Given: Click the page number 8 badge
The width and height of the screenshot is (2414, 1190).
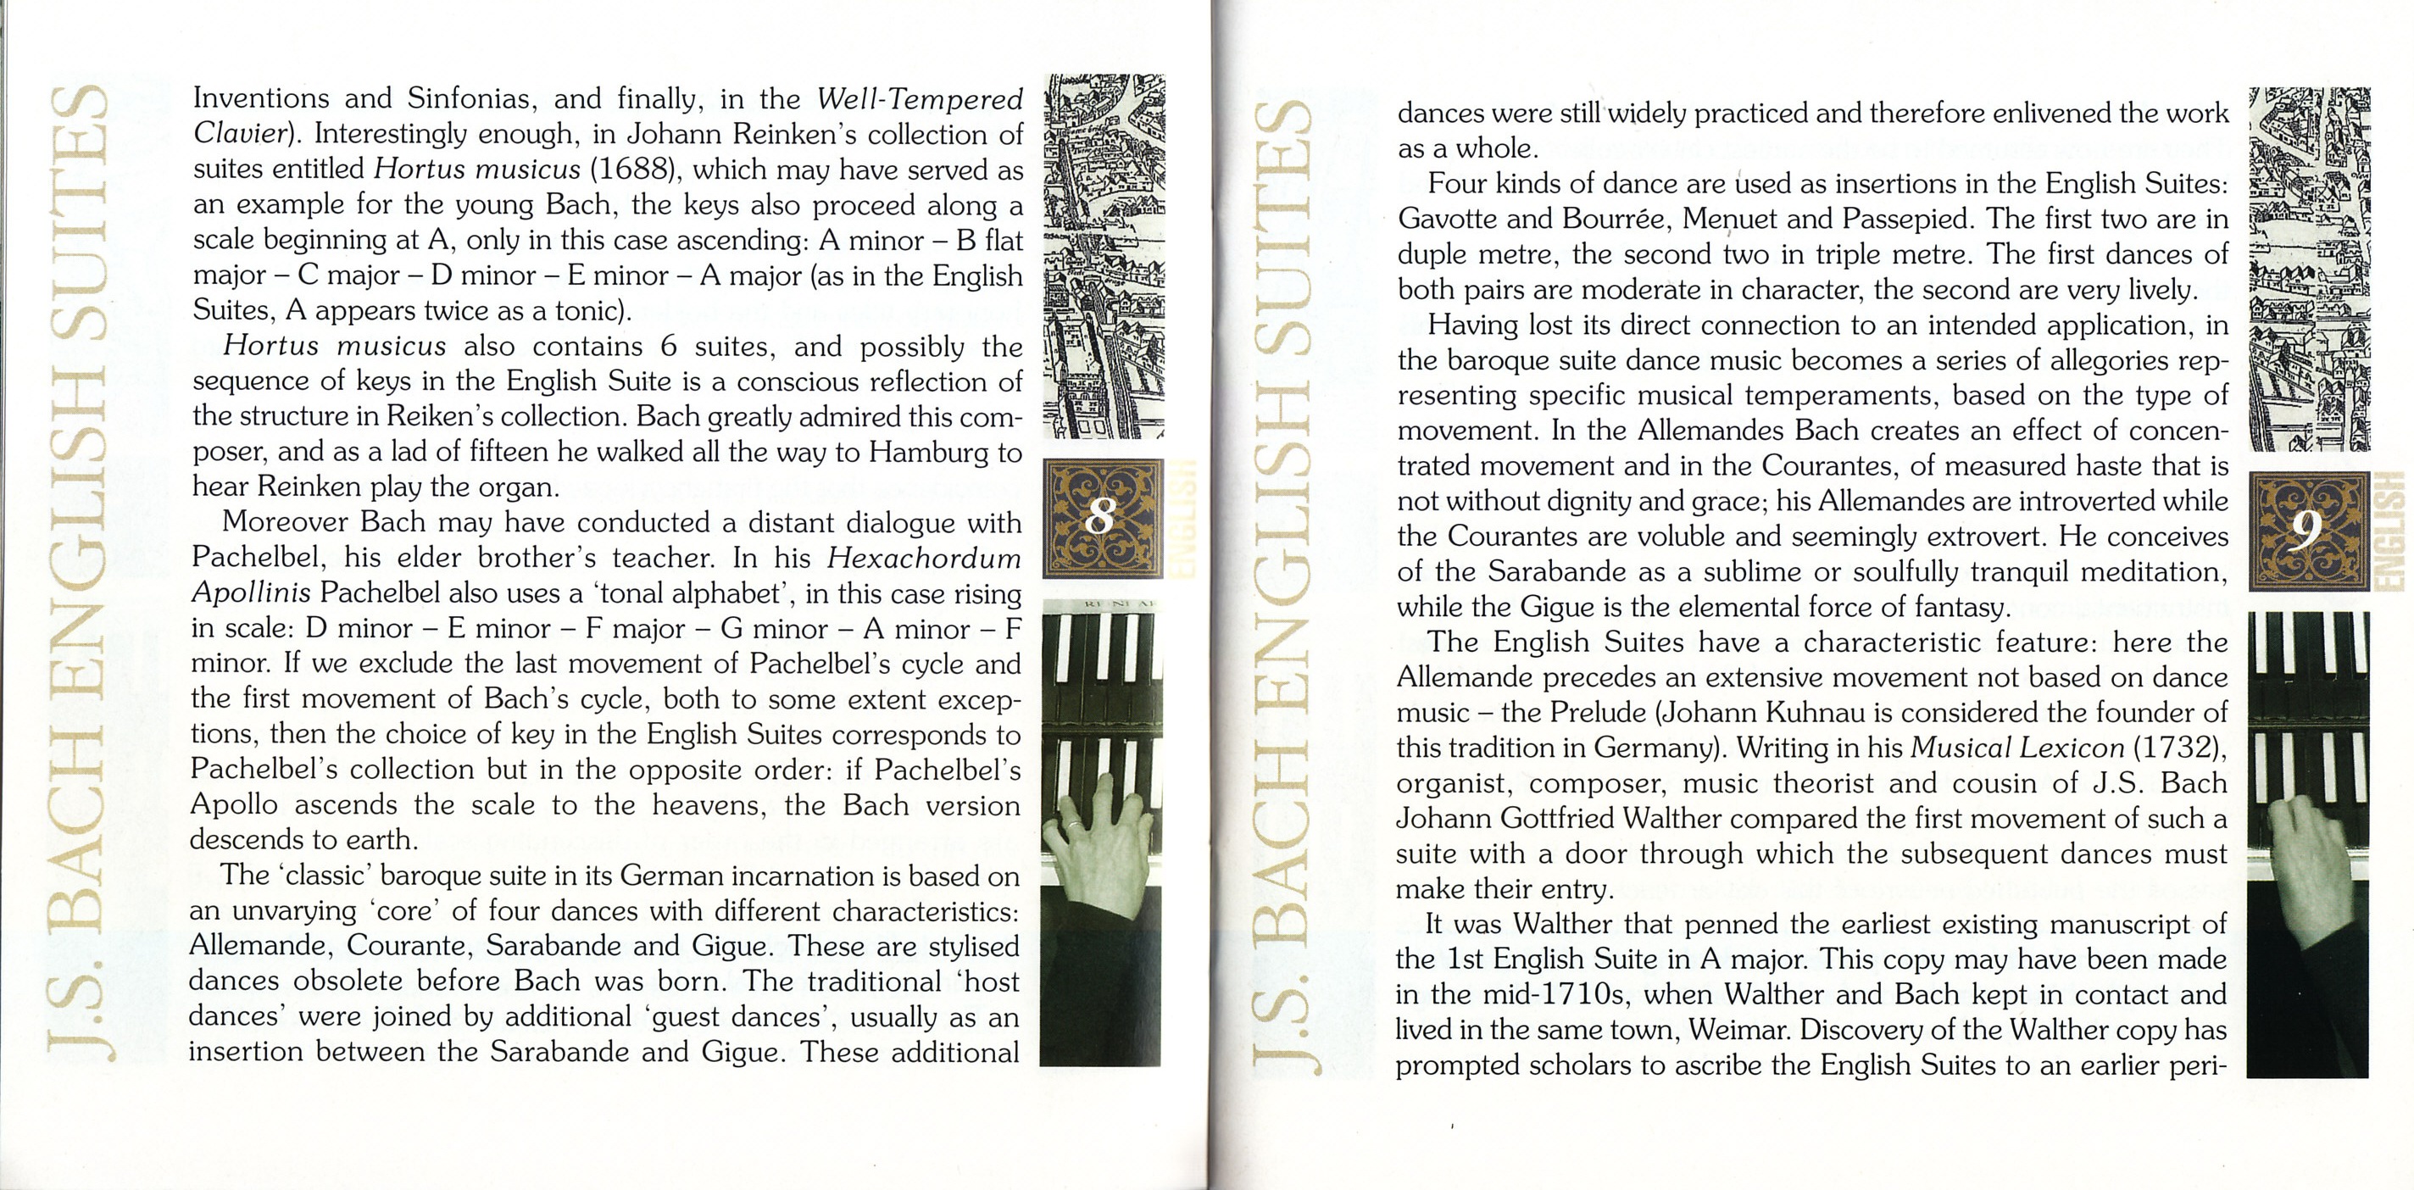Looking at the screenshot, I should coord(1103,517).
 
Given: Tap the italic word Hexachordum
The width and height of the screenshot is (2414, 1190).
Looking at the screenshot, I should coord(924,559).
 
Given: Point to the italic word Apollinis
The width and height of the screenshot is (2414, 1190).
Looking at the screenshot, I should coord(250,593).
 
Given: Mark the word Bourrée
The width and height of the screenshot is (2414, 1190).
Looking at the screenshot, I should coord(1616,219).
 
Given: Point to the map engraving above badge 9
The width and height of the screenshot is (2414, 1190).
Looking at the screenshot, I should coord(2308,269).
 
